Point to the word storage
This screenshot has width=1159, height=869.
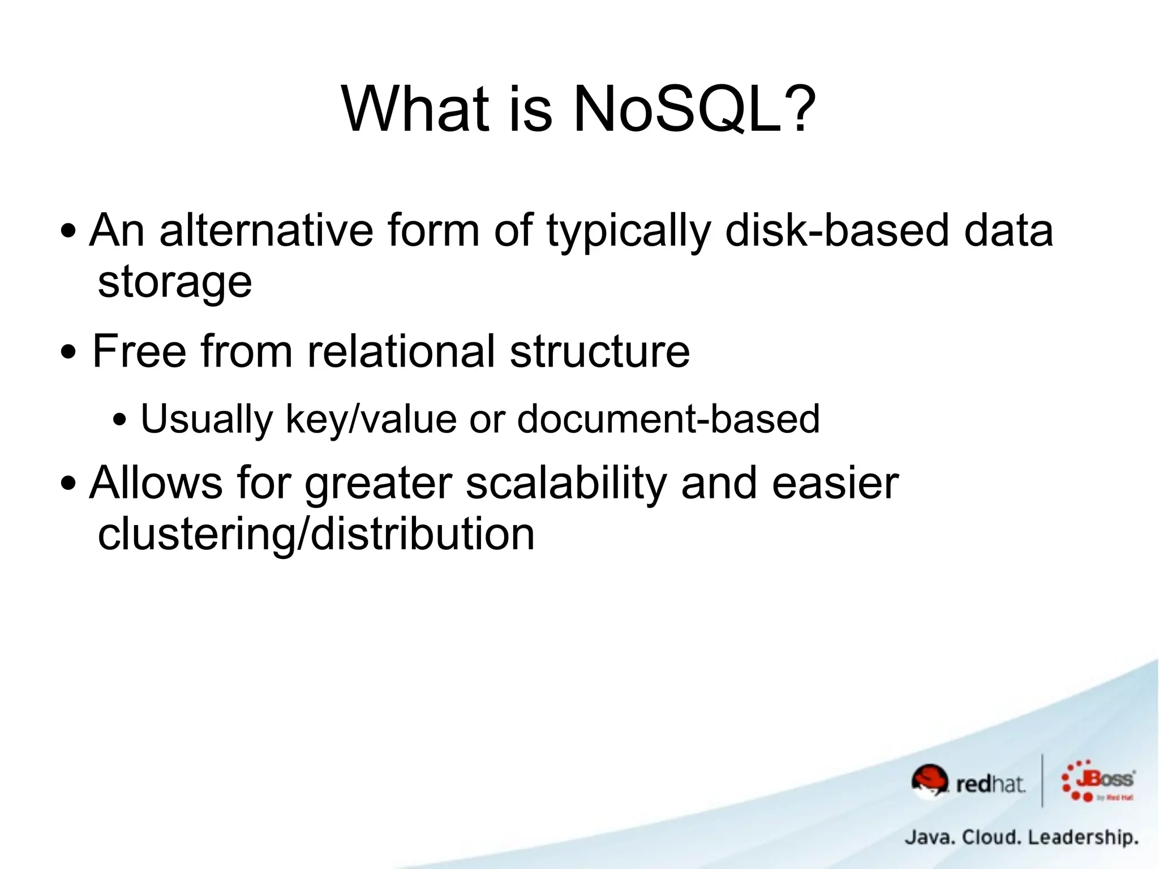click(174, 283)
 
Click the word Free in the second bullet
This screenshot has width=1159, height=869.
click(139, 351)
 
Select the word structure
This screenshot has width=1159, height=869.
click(600, 351)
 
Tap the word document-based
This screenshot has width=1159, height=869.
click(668, 419)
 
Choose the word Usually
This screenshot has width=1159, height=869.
click(207, 420)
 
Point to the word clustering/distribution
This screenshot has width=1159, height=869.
click(316, 534)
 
